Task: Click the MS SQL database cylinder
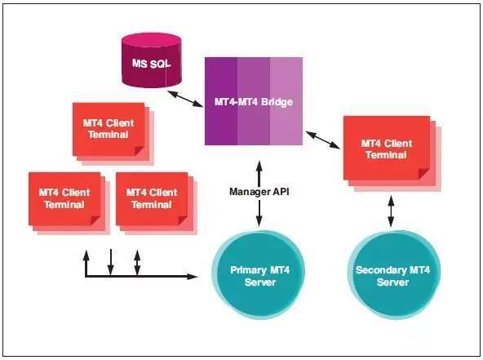tap(151, 60)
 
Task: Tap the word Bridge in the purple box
tap(277, 102)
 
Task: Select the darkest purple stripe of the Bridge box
tap(221, 101)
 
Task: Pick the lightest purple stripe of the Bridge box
tap(286, 101)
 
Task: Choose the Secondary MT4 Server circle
tap(393, 274)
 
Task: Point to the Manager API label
tap(259, 192)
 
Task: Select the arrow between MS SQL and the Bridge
tap(185, 99)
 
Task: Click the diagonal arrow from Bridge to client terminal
tap(323, 140)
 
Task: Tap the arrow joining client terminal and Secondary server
tap(391, 211)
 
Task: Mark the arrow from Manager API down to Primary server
tap(259, 214)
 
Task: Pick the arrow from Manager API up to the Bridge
tap(259, 173)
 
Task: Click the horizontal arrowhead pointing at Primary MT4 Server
tap(193, 277)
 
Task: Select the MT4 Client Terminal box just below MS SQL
tap(109, 129)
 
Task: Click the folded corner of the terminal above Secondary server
tap(423, 174)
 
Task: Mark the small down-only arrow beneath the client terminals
tap(111, 262)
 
